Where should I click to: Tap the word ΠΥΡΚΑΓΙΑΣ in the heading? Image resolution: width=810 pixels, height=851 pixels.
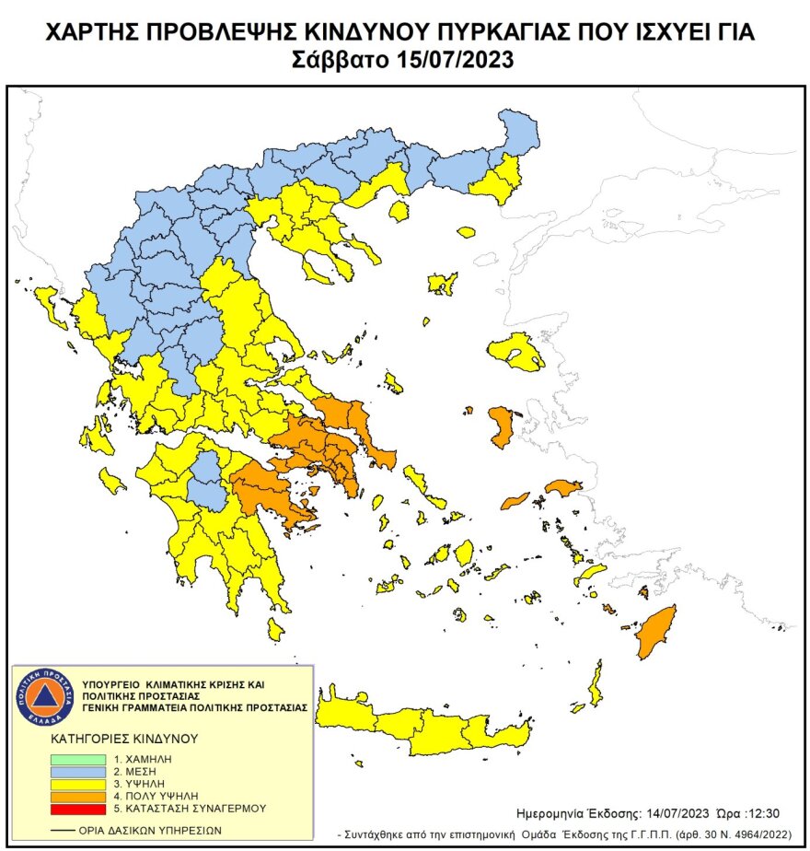coord(458,35)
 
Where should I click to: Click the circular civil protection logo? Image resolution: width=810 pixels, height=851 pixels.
coord(42,695)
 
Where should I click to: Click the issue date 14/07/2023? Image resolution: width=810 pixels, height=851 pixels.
coord(674,813)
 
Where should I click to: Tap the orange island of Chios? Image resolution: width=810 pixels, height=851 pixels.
coord(502,427)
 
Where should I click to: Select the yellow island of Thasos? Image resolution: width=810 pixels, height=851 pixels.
coord(399,212)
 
